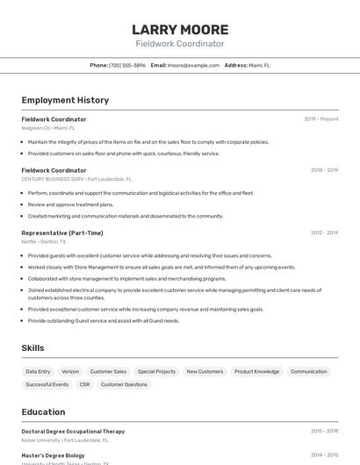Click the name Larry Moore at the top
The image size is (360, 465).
(x=180, y=29)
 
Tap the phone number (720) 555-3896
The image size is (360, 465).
(x=127, y=65)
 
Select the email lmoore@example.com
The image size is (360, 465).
(x=193, y=65)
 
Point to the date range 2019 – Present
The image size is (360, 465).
(x=321, y=119)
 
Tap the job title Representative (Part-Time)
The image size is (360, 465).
(x=62, y=232)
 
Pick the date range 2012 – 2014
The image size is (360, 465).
(x=324, y=232)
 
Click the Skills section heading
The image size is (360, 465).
(x=32, y=348)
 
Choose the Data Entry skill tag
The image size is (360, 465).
(x=38, y=371)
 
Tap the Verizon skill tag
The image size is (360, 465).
(x=70, y=371)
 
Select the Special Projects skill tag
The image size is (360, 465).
(x=156, y=371)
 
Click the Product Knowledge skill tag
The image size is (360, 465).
(x=256, y=371)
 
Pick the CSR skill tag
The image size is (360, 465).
(x=84, y=384)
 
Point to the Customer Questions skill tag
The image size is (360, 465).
(x=124, y=384)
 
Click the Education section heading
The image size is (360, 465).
(x=43, y=411)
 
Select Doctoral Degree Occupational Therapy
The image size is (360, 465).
(x=73, y=432)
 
